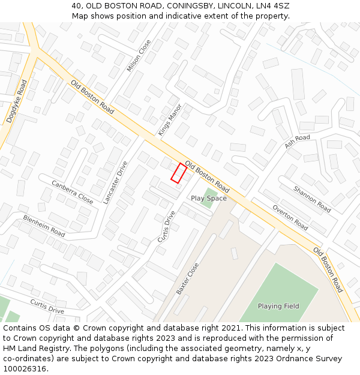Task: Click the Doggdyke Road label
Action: pos(16,101)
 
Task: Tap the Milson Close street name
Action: pos(139,56)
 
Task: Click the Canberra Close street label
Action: pos(72,192)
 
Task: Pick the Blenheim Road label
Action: pos(44,225)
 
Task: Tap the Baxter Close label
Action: pos(187,278)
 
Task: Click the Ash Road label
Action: pos(298,142)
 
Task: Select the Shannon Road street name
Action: pos(312,199)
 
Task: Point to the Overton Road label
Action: pos(290,218)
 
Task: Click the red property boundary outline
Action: pos(178,172)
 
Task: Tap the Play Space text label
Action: pos(209,198)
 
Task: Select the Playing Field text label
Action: pos(278,306)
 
